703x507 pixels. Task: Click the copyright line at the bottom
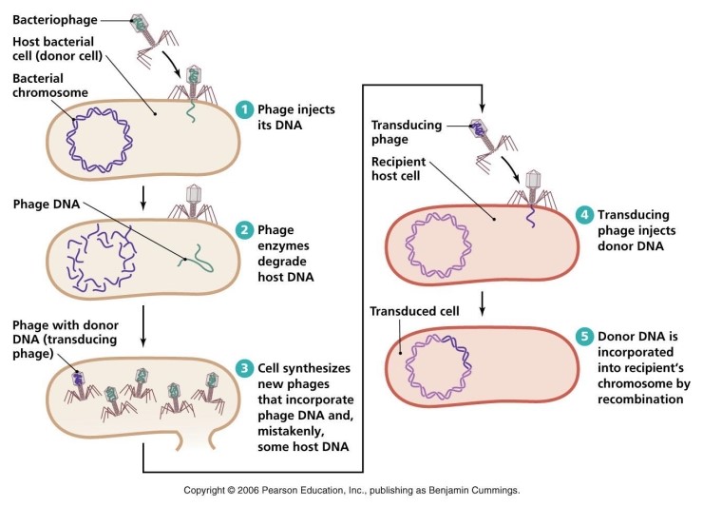click(x=351, y=491)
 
